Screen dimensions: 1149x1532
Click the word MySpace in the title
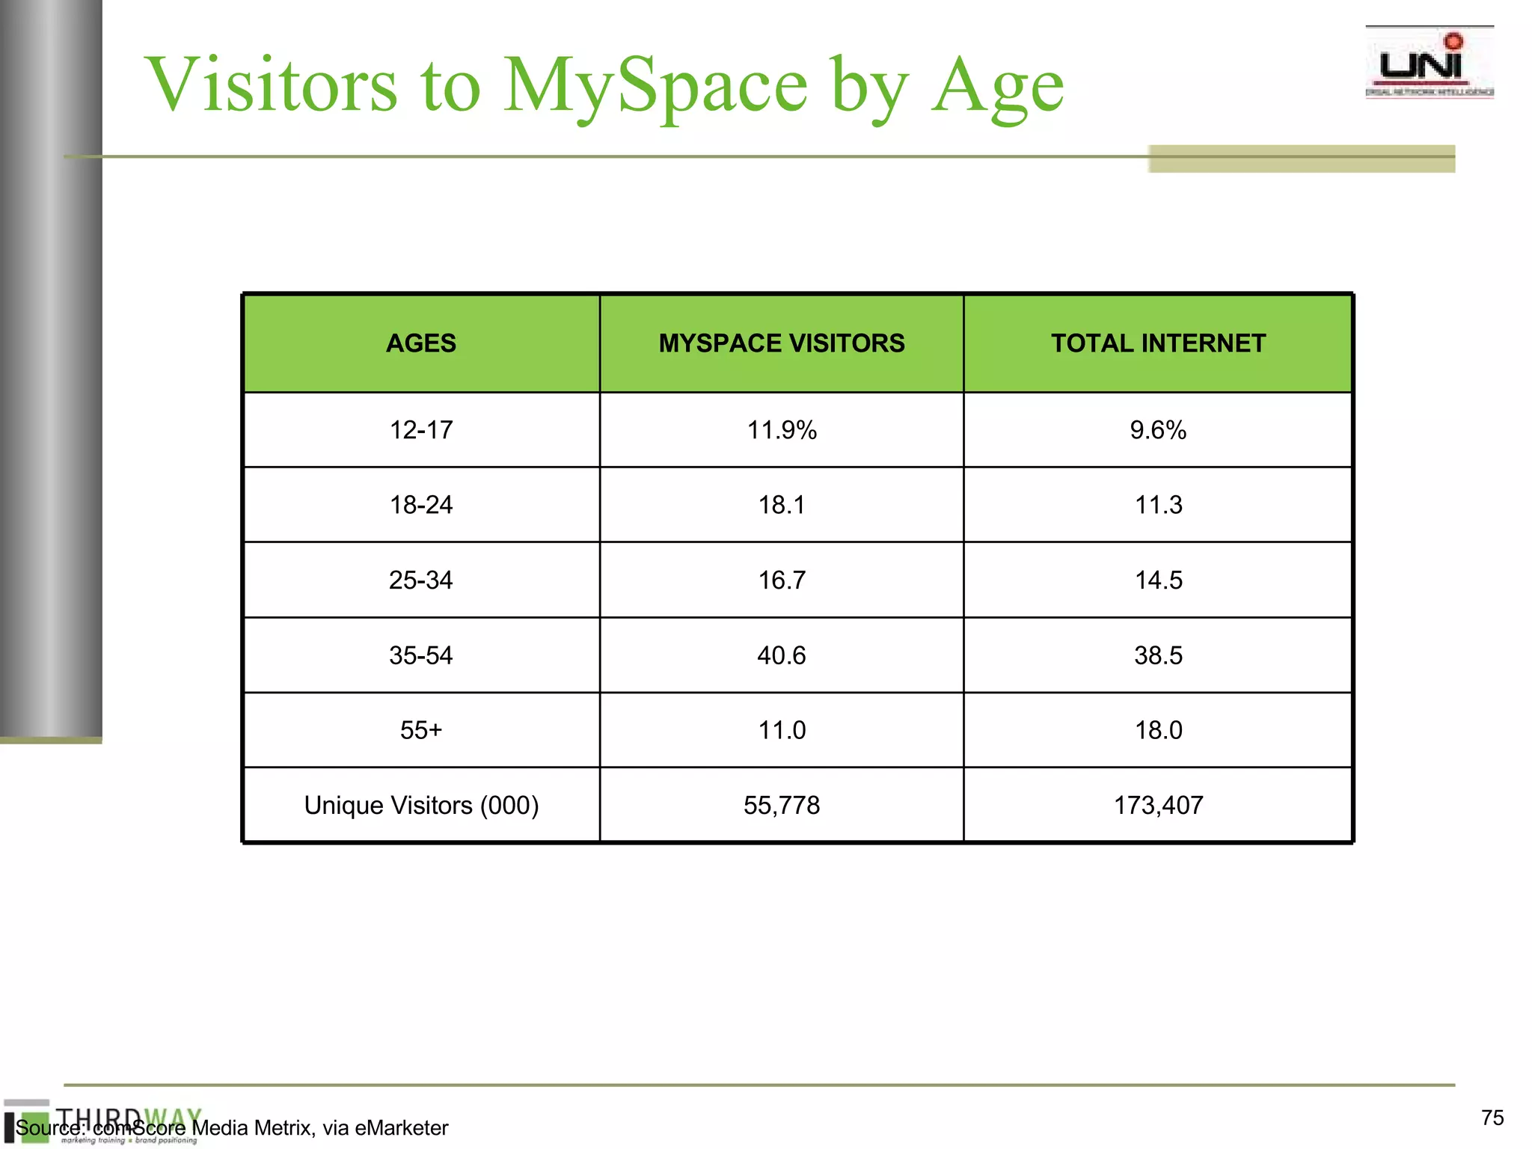655,85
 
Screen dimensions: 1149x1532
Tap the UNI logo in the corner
1429,64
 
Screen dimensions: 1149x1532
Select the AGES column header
421,343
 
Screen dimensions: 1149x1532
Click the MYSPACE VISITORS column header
781,343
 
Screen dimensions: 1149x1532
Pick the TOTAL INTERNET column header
1157,343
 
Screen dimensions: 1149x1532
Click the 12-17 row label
421,430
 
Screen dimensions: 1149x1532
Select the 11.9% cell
781,430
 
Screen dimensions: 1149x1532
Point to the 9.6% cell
1157,430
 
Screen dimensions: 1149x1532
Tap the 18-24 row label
421,505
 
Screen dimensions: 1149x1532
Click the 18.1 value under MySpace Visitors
781,505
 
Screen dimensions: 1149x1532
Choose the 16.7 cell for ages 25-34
781,580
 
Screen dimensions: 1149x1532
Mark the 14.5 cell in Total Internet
1158,580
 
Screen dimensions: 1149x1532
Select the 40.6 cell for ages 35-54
781,655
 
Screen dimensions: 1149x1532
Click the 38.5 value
1158,655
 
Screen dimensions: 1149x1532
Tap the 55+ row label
421,730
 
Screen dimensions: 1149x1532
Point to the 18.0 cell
1158,730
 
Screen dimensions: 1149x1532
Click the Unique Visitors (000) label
421,805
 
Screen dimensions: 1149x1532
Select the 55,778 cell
781,805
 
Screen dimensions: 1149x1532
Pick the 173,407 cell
1158,805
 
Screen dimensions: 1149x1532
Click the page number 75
1492,1118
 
